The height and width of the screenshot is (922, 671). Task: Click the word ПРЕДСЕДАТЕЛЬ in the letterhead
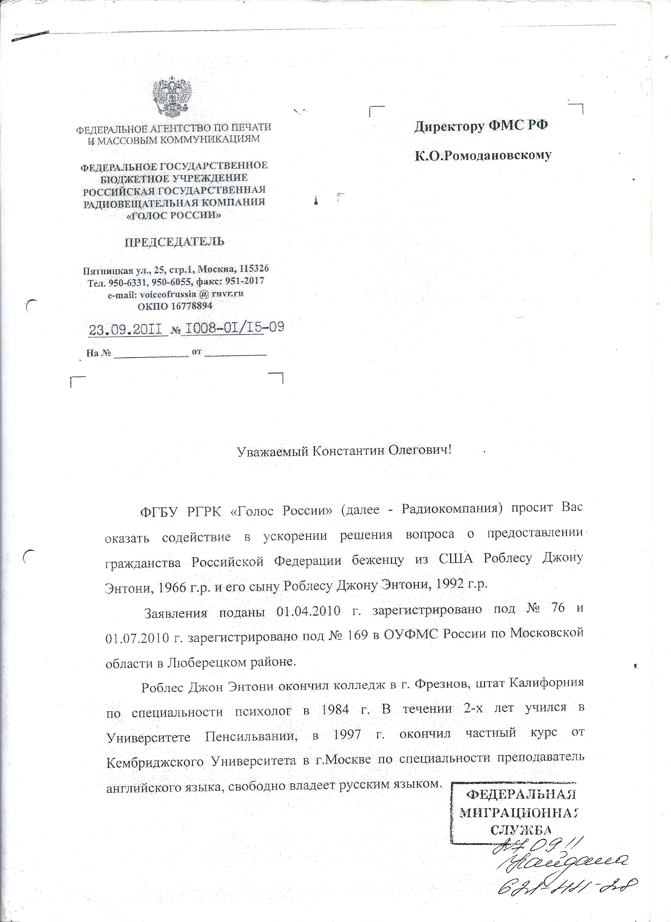coord(174,242)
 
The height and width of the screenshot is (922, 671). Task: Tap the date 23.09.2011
coord(128,328)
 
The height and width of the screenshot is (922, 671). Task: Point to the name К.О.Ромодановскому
coord(483,155)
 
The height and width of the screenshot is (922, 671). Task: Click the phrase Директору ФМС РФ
coord(481,126)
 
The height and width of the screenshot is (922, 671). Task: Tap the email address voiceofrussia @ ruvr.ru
coord(175,294)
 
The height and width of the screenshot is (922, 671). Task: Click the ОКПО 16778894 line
coord(175,306)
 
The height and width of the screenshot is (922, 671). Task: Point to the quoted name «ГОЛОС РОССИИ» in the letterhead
coord(174,216)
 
